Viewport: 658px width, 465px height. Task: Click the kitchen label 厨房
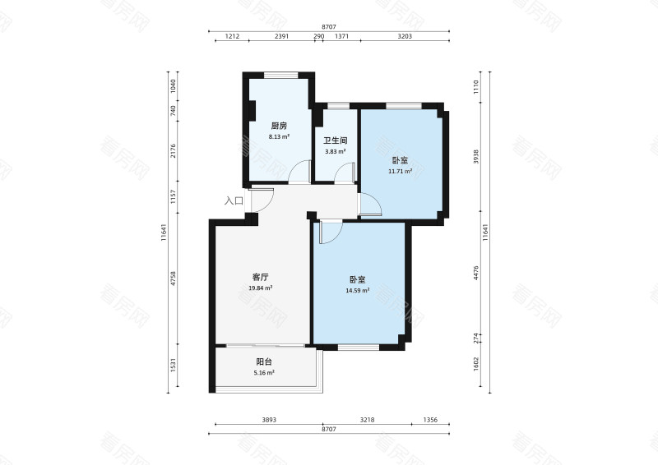pos(279,126)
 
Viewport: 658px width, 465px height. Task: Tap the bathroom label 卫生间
pos(336,140)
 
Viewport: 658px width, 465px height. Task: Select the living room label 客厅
pos(261,277)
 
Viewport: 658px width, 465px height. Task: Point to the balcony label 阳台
pos(264,361)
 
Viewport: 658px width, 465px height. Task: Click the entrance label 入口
pos(234,200)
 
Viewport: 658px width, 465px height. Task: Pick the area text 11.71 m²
pos(400,171)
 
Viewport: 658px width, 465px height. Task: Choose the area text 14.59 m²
pos(358,290)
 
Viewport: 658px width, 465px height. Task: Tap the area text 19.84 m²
pos(261,288)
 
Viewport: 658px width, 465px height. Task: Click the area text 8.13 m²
pos(279,136)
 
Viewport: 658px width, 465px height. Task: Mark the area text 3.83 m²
pos(336,152)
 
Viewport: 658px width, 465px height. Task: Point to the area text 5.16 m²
pos(264,373)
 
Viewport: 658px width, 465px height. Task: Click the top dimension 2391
pos(281,36)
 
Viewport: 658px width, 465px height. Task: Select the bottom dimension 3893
pos(269,420)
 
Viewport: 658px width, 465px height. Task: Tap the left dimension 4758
pos(173,279)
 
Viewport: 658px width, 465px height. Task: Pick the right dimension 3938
pos(476,156)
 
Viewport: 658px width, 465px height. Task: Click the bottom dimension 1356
pos(430,420)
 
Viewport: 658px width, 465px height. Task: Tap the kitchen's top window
pos(280,76)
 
